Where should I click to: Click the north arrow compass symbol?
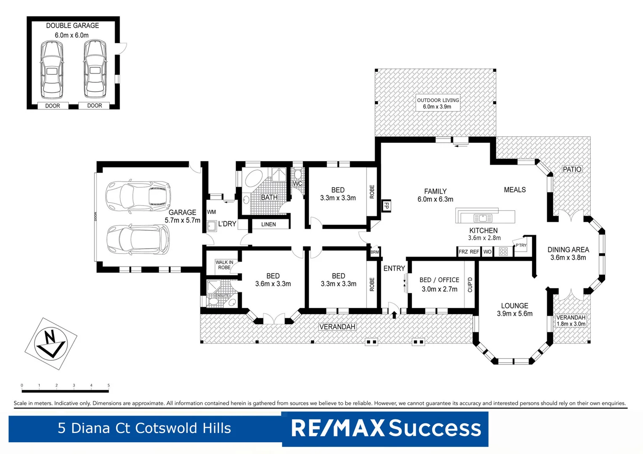(50, 343)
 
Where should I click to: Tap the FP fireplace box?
(386, 206)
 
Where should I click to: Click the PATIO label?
(572, 169)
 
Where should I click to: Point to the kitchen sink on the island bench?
(483, 218)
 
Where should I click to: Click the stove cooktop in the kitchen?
(503, 252)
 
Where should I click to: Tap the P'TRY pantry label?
(521, 245)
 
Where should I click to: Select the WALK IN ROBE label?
(224, 265)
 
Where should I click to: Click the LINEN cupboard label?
(268, 224)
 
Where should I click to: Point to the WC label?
(297, 184)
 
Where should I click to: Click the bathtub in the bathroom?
(252, 178)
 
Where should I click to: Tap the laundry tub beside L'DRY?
(211, 227)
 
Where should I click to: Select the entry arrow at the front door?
(394, 314)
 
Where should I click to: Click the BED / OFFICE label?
(439, 280)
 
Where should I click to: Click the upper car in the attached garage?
(138, 195)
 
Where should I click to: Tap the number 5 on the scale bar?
(109, 385)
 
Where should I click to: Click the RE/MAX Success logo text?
(385, 428)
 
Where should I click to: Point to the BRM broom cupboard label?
(375, 252)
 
